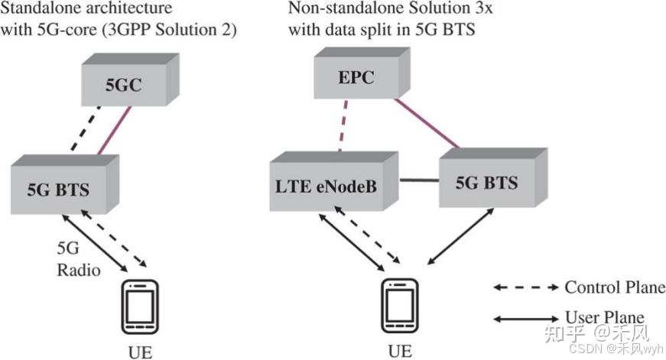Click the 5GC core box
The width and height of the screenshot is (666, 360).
(x=130, y=79)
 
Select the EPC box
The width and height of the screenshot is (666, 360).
(x=362, y=73)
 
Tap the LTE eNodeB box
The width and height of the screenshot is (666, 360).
(x=334, y=181)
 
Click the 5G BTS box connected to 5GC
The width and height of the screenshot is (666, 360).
(x=64, y=184)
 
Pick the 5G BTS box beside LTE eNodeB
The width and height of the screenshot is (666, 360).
(x=493, y=177)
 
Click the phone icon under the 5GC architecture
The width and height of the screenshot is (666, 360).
(x=140, y=306)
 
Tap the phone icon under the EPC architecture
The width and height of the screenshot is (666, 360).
(x=400, y=305)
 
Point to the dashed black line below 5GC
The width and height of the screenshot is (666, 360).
(x=86, y=128)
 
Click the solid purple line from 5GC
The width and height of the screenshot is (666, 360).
(x=114, y=131)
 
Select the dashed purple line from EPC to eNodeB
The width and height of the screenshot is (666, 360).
(x=343, y=125)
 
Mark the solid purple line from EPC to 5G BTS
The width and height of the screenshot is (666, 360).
(x=427, y=124)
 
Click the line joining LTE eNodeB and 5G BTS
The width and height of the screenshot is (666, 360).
(x=419, y=180)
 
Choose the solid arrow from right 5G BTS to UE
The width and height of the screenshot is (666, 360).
(x=461, y=236)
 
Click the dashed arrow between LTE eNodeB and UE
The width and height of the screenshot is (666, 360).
(x=367, y=235)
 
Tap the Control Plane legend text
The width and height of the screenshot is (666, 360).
(x=615, y=287)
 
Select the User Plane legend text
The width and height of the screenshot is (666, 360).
(x=605, y=317)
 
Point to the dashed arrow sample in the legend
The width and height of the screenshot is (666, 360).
(x=526, y=287)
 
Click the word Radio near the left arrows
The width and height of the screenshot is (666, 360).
(x=79, y=270)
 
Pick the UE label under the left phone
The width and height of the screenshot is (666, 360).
(x=140, y=352)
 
